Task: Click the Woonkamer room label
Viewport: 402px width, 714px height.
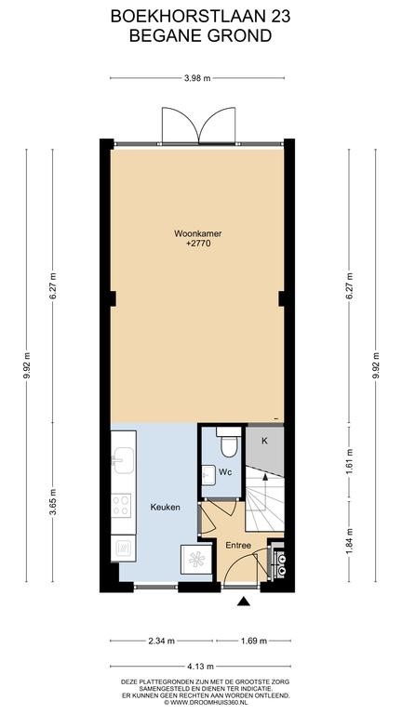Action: [198, 234]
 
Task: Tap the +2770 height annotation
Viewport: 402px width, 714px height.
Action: [198, 244]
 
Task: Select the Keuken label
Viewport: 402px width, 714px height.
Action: [166, 507]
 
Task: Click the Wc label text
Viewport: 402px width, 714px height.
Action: [225, 472]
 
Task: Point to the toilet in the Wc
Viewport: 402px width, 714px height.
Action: [229, 442]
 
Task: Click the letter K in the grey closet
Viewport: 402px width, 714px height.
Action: [264, 441]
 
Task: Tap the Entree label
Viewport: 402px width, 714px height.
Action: [238, 545]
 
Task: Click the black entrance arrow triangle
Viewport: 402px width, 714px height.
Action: [244, 602]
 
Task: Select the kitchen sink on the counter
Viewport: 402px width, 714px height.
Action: [123, 459]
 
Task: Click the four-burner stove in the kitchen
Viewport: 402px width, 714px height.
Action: [121, 506]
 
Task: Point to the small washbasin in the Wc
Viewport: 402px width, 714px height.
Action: [208, 474]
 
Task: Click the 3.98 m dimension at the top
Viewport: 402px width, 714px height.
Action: [197, 78]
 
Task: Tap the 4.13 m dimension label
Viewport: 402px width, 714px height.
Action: [201, 667]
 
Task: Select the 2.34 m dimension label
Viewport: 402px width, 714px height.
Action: [161, 641]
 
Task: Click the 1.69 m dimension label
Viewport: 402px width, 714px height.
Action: [253, 641]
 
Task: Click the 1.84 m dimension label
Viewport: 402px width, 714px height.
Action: [350, 541]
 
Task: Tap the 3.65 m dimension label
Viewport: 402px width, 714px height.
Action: [53, 502]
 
